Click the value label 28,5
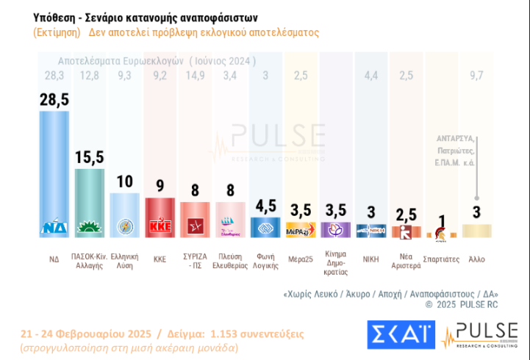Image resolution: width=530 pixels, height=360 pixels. pyautogui.click(x=54, y=100)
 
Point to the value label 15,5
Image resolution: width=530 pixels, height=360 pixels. pyautogui.click(x=90, y=157)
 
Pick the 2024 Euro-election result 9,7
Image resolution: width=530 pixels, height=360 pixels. pyautogui.click(x=477, y=74)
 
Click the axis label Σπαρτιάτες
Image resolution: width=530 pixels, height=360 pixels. pyautogui.click(x=442, y=259)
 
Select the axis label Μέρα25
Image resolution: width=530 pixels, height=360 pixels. pyautogui.click(x=301, y=259)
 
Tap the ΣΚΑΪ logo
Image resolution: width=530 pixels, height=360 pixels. pyautogui.click(x=398, y=335)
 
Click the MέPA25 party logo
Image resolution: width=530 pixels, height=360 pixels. pyautogui.click(x=301, y=229)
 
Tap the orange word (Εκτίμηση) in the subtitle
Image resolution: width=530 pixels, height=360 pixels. pyautogui.click(x=55, y=33)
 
